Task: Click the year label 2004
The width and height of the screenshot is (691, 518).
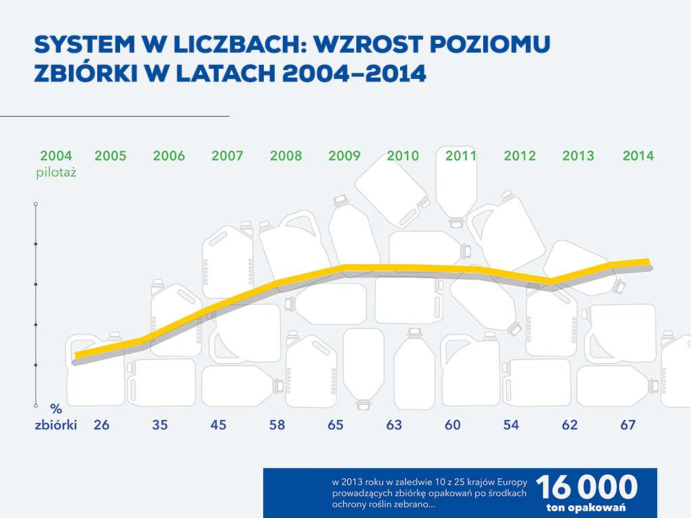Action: point(56,156)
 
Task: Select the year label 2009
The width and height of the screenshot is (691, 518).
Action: point(344,156)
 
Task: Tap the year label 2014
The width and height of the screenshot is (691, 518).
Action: point(638,156)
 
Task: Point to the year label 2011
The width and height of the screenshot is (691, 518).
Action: point(461,156)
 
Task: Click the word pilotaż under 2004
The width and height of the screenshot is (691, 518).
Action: point(56,173)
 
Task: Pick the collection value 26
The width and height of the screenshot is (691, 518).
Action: point(102,426)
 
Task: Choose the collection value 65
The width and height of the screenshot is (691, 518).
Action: point(335,426)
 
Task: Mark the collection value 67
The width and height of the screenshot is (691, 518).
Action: point(628,426)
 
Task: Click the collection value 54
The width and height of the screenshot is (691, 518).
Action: point(512,426)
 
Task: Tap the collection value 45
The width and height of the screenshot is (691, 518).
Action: point(219,426)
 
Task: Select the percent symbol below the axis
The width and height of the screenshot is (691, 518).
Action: point(56,409)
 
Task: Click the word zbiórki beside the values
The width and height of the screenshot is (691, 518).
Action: point(56,426)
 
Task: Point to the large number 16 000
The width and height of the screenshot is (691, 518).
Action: point(586,487)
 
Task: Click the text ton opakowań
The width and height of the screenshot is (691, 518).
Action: point(586,507)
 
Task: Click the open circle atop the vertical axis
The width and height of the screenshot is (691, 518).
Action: point(35,203)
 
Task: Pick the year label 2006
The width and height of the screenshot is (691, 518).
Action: point(169,156)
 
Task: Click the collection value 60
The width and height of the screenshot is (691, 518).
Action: point(453,426)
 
